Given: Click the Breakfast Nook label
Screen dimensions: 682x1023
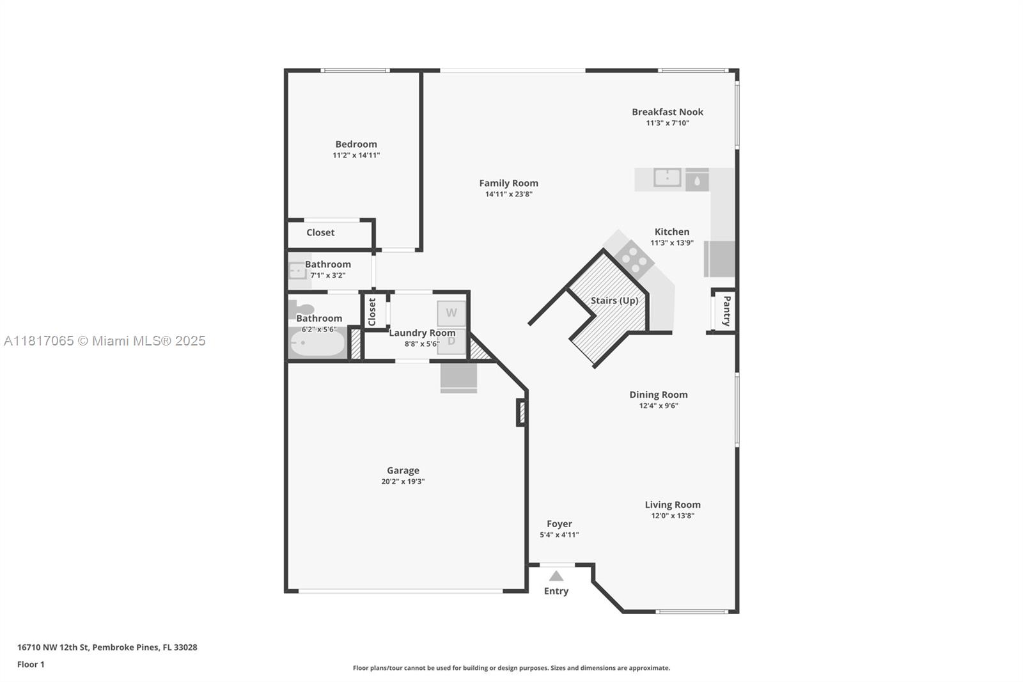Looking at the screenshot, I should tap(667, 112).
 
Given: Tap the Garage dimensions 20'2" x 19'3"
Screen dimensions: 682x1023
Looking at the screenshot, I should tap(403, 482).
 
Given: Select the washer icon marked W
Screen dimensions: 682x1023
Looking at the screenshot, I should tap(451, 313).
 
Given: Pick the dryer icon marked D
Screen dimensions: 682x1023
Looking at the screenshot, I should tap(451, 341).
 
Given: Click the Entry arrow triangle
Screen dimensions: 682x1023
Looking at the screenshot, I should tap(556, 576).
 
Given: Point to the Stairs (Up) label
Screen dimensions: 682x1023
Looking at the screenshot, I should tap(614, 301).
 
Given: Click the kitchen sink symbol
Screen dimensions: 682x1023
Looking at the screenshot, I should tap(667, 178).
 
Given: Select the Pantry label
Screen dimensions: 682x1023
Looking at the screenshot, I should tap(726, 311).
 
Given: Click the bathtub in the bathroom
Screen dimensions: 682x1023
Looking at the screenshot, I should tap(317, 344).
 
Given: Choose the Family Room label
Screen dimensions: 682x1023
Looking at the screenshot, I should tap(508, 183).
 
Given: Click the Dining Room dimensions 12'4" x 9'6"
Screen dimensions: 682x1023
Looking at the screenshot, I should tap(658, 406).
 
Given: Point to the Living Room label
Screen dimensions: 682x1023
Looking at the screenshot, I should tap(672, 505).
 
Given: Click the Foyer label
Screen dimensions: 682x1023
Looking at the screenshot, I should tap(559, 524).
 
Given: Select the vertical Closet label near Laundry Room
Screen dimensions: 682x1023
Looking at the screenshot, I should tap(372, 312).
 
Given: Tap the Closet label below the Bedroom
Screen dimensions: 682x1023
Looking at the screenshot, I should tap(320, 233).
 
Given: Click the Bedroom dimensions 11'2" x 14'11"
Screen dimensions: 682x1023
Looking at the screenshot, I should tap(356, 155).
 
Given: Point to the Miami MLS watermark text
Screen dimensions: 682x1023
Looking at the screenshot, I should tap(105, 341).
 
